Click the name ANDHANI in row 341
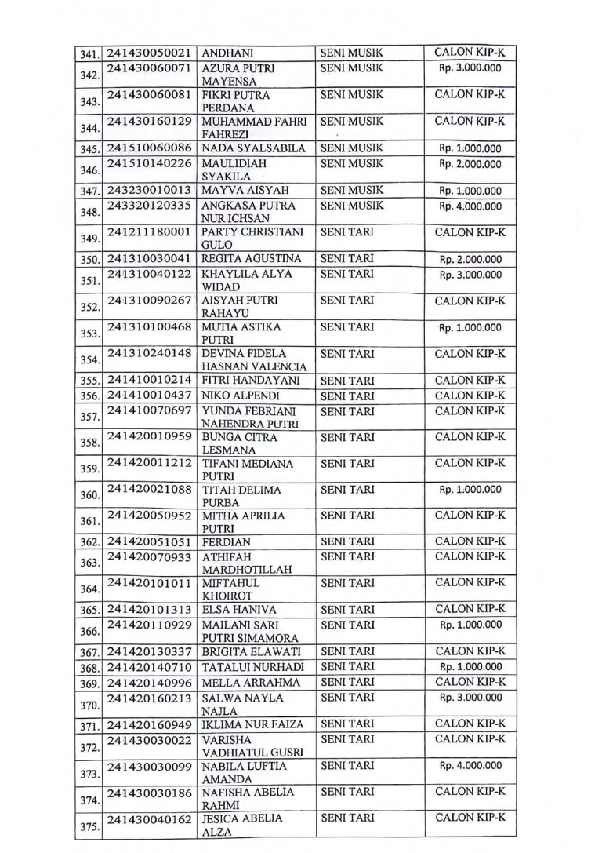226,53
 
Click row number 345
90,149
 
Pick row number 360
90,495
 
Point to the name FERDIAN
227,541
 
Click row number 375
90,824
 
